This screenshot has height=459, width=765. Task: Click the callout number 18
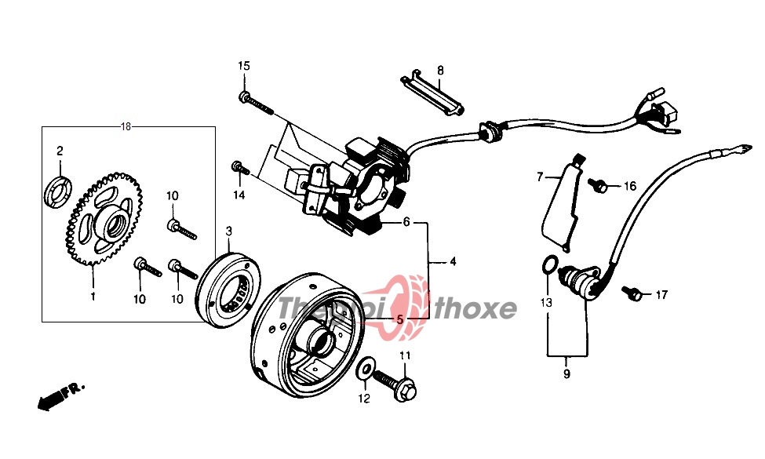point(126,127)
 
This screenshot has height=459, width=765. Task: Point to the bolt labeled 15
point(256,102)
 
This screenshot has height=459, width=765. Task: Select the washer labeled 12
point(365,369)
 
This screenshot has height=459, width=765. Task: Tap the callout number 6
point(406,223)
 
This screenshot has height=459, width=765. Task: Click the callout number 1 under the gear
point(93,297)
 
